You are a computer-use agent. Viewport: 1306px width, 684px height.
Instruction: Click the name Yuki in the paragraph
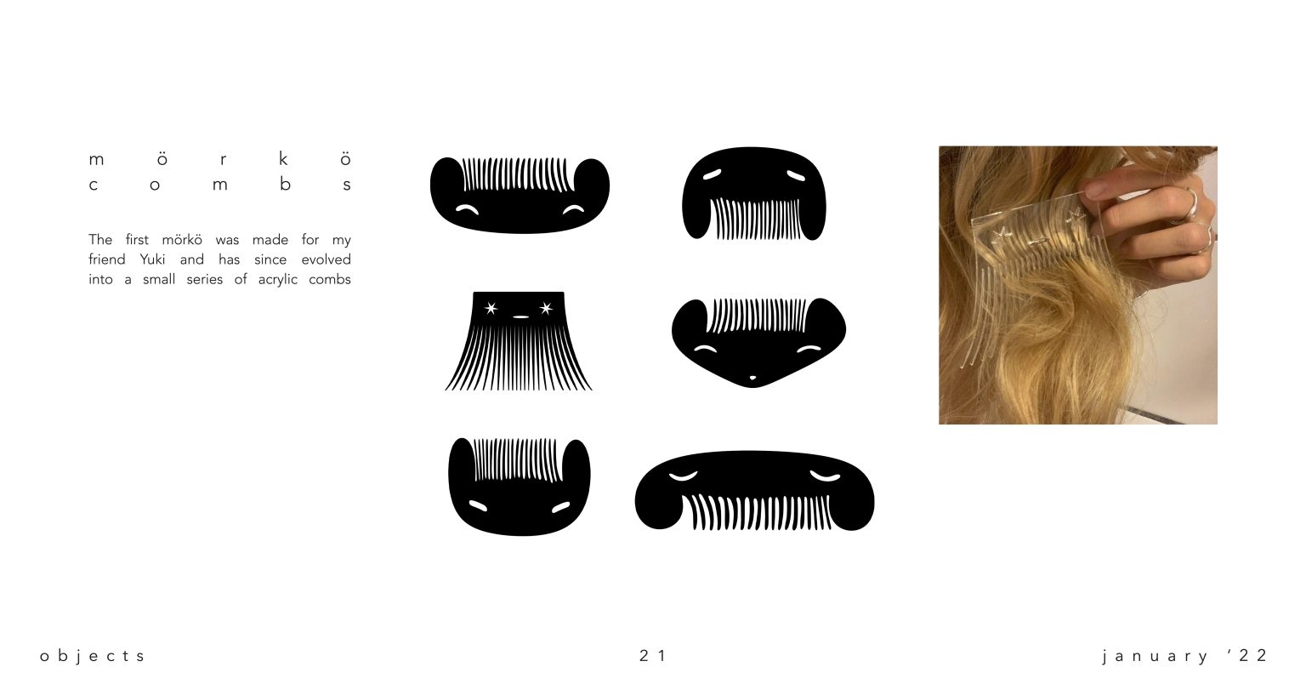152,259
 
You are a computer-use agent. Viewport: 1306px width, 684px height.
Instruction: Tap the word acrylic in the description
277,280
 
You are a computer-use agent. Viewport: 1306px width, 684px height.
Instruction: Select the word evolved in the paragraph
326,259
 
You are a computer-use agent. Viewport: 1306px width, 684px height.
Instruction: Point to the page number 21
652,655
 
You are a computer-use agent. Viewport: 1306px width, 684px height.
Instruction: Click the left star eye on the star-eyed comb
491,308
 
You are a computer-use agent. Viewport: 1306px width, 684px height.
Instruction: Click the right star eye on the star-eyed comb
546,308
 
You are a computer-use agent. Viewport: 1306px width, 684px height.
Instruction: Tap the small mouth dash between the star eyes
520,317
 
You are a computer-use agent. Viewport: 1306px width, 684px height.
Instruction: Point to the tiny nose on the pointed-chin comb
752,379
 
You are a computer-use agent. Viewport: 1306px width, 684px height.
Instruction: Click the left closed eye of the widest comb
683,476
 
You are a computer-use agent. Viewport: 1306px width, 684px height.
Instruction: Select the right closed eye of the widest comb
826,476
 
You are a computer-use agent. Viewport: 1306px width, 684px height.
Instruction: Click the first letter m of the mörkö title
96,160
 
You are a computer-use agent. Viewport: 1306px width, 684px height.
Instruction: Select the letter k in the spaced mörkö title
283,158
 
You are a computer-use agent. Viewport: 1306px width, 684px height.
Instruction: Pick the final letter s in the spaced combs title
347,185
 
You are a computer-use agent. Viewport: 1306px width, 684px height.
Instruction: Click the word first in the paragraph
137,240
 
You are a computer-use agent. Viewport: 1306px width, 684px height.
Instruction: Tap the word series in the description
205,280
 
